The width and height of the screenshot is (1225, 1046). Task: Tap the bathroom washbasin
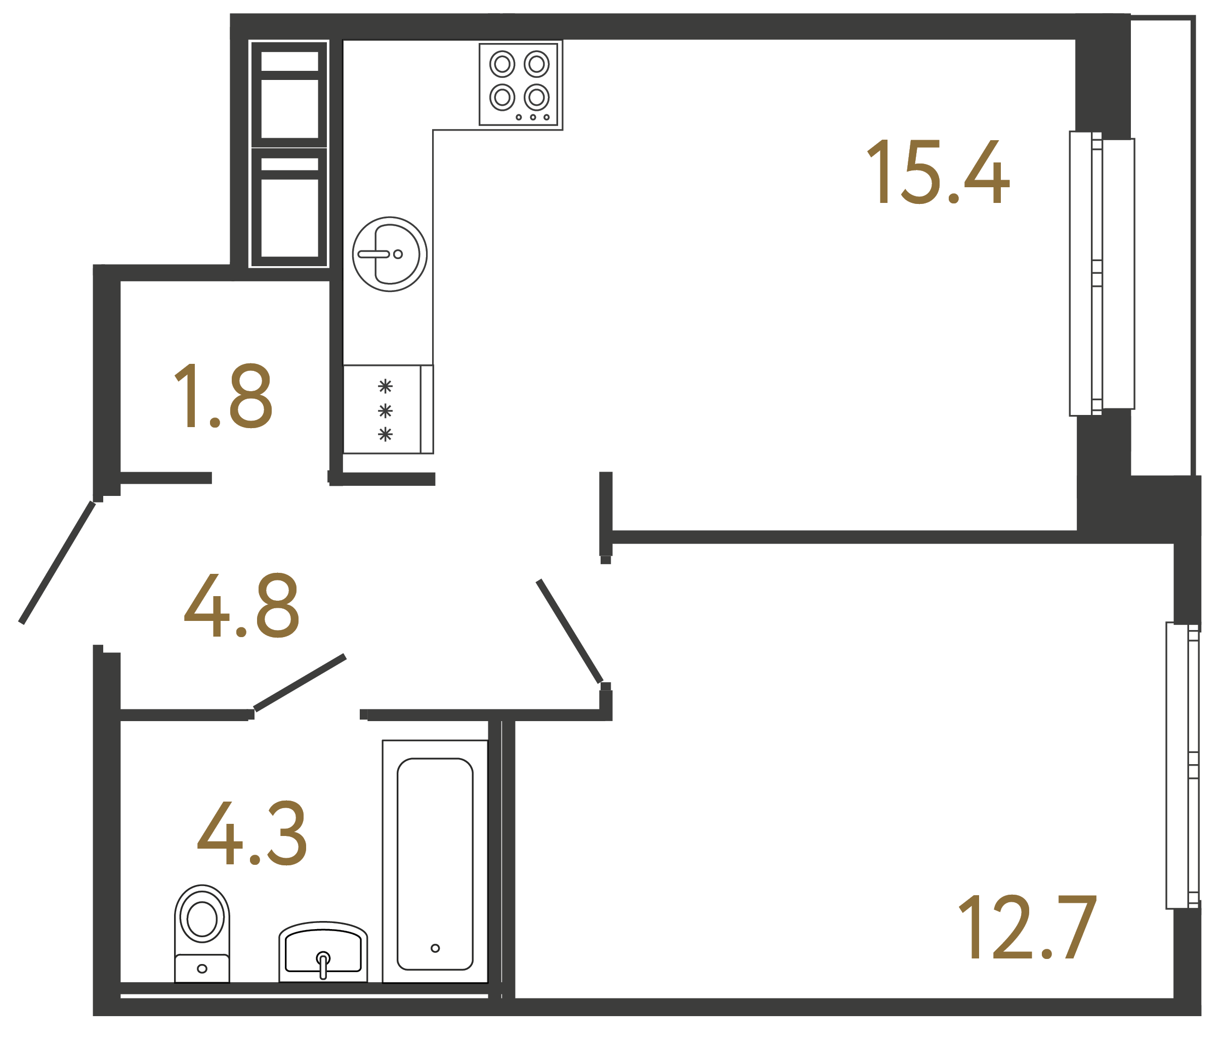[323, 951]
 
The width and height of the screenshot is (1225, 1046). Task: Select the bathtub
[435, 863]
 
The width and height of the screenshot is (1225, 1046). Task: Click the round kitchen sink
[390, 254]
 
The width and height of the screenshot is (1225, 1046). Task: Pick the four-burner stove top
[519, 84]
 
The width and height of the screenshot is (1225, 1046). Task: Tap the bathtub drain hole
[435, 948]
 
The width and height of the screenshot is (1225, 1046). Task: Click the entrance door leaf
[57, 562]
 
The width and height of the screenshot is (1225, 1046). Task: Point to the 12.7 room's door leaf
[569, 631]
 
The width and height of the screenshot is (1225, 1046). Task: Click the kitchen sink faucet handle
[373, 254]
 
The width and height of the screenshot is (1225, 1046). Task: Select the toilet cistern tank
[201, 968]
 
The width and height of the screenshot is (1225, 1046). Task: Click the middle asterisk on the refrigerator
[385, 410]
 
